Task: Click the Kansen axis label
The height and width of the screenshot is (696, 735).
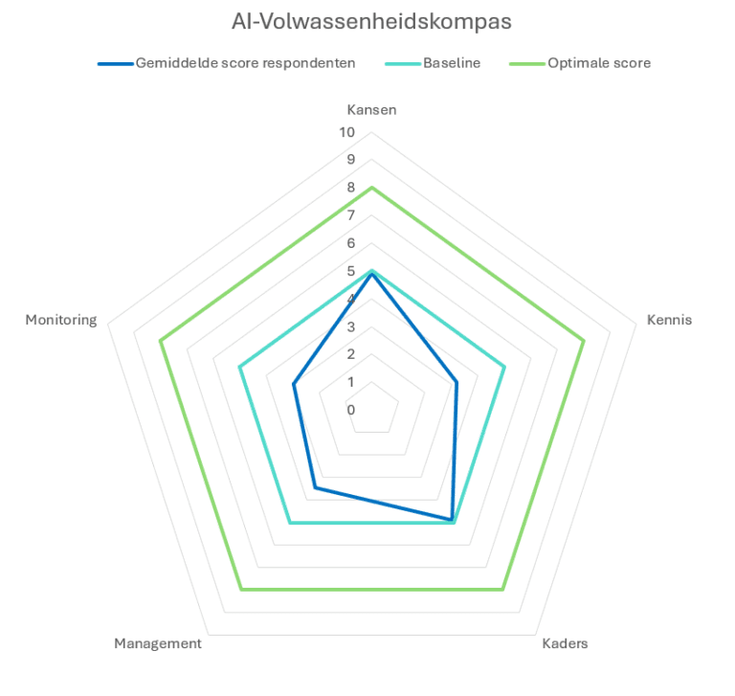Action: (x=371, y=109)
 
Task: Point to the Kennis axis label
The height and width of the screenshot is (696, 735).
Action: (x=669, y=320)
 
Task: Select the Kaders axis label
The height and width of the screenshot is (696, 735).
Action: (x=565, y=643)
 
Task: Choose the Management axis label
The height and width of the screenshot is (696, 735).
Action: (x=158, y=643)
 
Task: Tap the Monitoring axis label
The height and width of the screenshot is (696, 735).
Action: (x=61, y=320)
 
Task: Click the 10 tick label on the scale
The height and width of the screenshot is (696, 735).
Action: (x=346, y=132)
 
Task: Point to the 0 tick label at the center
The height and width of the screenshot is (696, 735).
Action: (x=350, y=410)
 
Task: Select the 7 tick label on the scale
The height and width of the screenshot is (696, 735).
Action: (x=350, y=215)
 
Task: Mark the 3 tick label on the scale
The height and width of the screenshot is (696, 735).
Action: (x=350, y=326)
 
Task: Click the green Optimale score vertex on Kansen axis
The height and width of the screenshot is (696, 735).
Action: (x=371, y=188)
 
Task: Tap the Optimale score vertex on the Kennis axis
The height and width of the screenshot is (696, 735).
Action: (x=583, y=340)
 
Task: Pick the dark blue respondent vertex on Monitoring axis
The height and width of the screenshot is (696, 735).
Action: (x=294, y=385)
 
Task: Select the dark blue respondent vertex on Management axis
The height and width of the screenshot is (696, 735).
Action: (x=315, y=488)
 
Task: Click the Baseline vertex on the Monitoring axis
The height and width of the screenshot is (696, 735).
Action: (x=239, y=367)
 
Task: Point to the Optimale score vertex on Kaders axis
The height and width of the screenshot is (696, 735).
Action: (x=502, y=590)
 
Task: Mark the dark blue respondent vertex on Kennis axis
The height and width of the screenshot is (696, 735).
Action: (x=457, y=382)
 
